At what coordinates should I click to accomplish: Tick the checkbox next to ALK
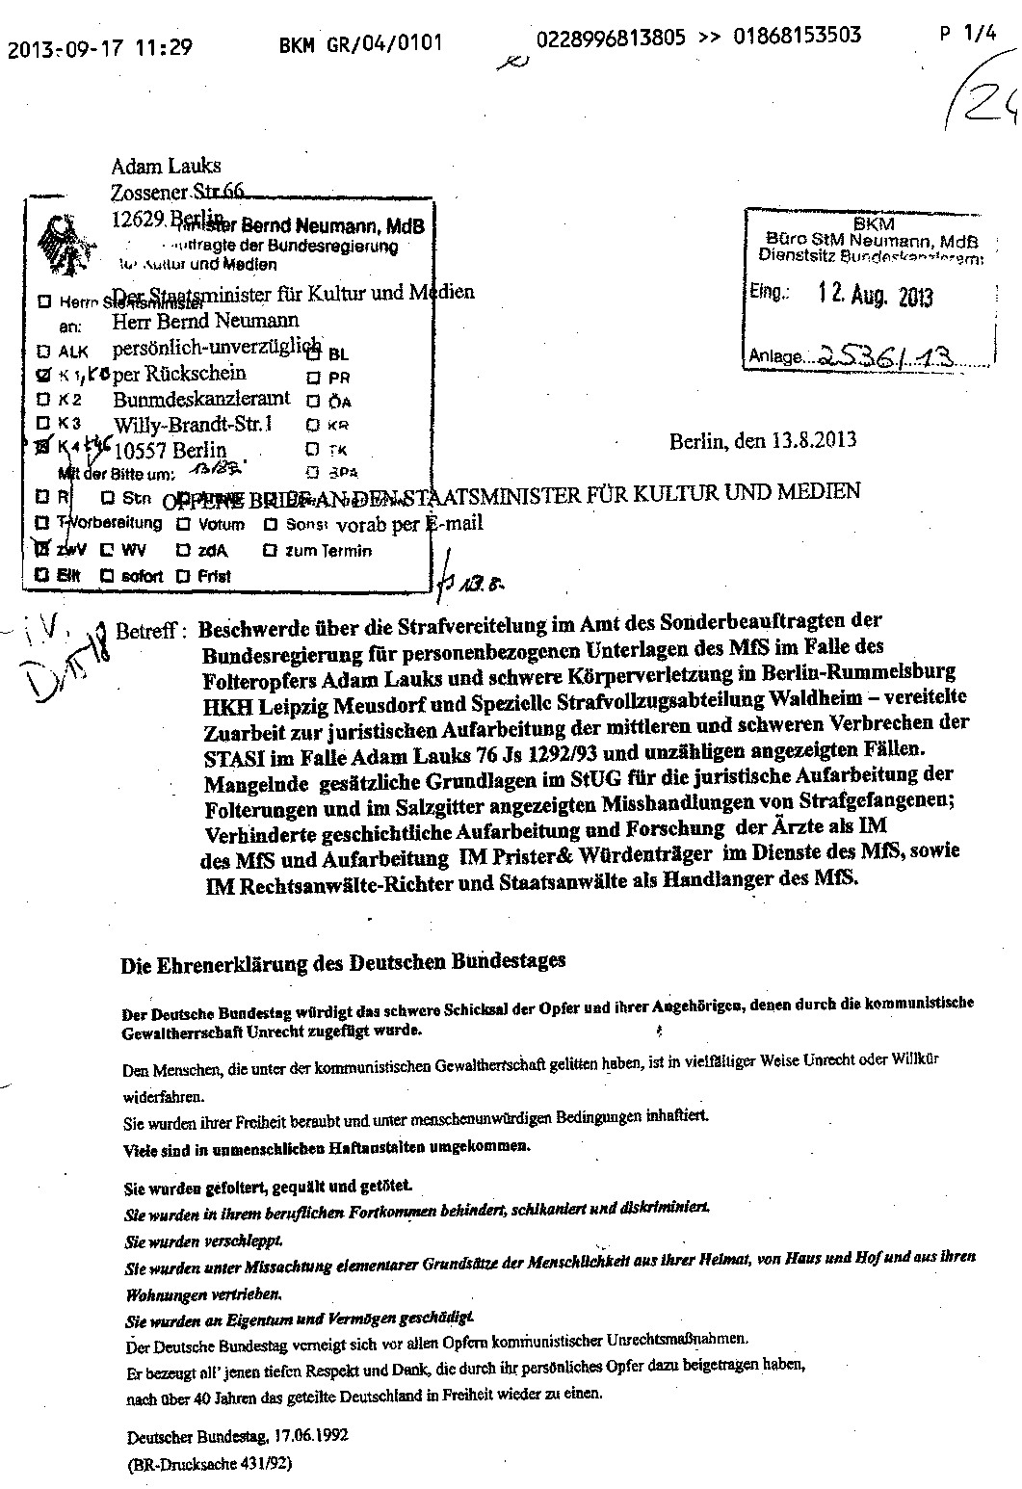point(42,352)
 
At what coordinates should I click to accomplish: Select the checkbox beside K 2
point(42,399)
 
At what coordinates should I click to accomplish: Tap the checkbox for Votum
point(183,525)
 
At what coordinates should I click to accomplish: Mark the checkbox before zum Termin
point(270,551)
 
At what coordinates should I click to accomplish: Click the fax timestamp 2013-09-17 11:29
point(100,47)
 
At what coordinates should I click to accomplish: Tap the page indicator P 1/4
point(967,36)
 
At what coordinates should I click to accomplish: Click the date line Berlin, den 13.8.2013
point(763,442)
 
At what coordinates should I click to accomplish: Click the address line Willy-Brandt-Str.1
point(193,424)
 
